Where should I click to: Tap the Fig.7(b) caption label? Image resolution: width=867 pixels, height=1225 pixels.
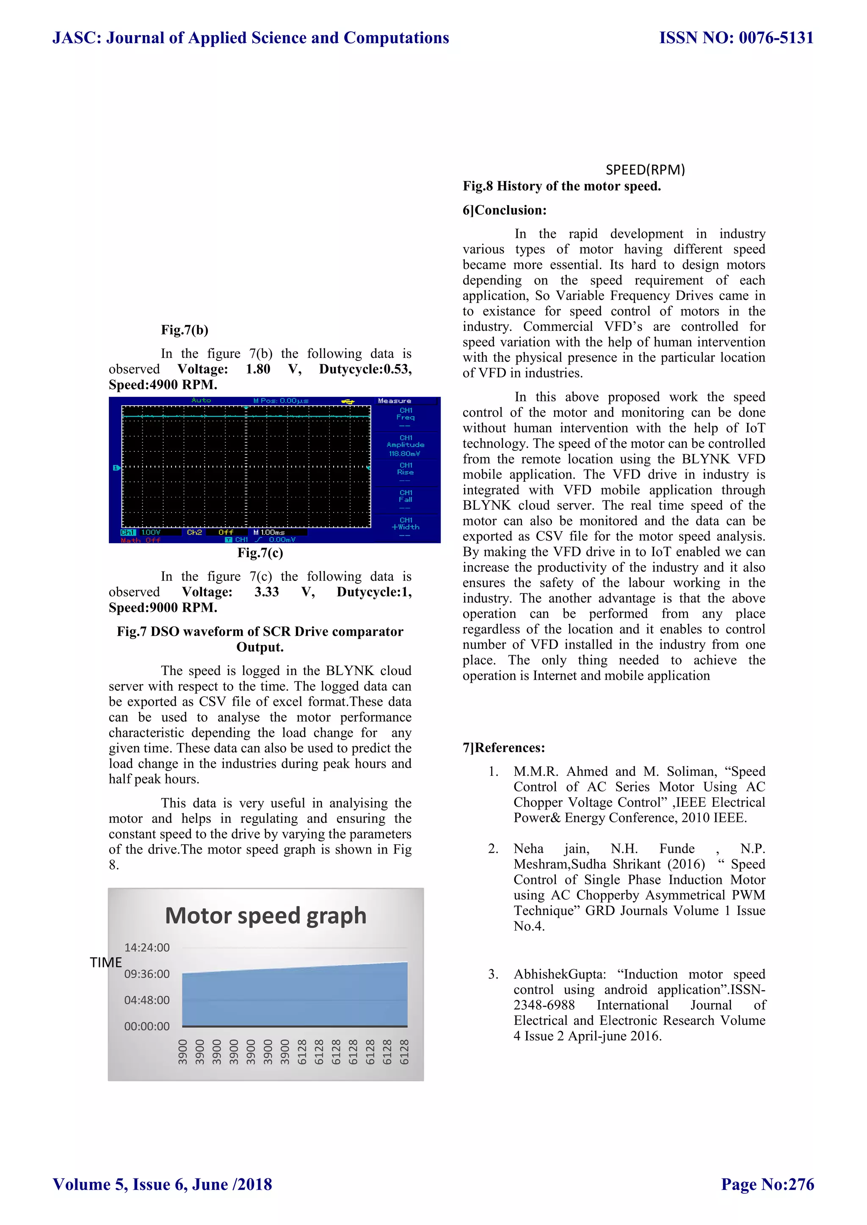click(185, 330)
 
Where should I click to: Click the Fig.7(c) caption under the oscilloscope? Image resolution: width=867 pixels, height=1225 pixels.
click(260, 553)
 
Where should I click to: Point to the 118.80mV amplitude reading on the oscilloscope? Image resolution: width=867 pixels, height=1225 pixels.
click(405, 453)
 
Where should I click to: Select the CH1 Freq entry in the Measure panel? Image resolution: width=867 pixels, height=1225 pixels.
click(406, 414)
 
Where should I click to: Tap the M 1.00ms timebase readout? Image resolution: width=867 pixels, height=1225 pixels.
click(269, 532)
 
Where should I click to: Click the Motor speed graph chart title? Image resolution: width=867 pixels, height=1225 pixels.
click(265, 915)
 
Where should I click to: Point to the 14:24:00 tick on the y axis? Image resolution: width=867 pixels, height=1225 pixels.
click(147, 948)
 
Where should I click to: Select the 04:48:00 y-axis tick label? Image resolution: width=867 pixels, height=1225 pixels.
click(147, 1000)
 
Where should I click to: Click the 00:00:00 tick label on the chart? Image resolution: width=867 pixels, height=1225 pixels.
click(147, 1027)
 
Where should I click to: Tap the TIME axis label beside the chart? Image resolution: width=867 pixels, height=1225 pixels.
click(106, 962)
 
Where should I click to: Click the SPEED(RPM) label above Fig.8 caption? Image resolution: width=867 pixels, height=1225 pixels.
click(645, 170)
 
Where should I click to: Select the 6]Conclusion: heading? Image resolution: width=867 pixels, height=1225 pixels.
click(505, 210)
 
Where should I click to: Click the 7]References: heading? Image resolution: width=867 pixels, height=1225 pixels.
click(503, 747)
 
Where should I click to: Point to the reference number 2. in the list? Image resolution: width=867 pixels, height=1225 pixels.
click(493, 849)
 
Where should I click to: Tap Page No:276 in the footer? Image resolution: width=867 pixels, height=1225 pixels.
click(767, 1184)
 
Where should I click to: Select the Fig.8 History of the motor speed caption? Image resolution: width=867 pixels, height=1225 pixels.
click(562, 186)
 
